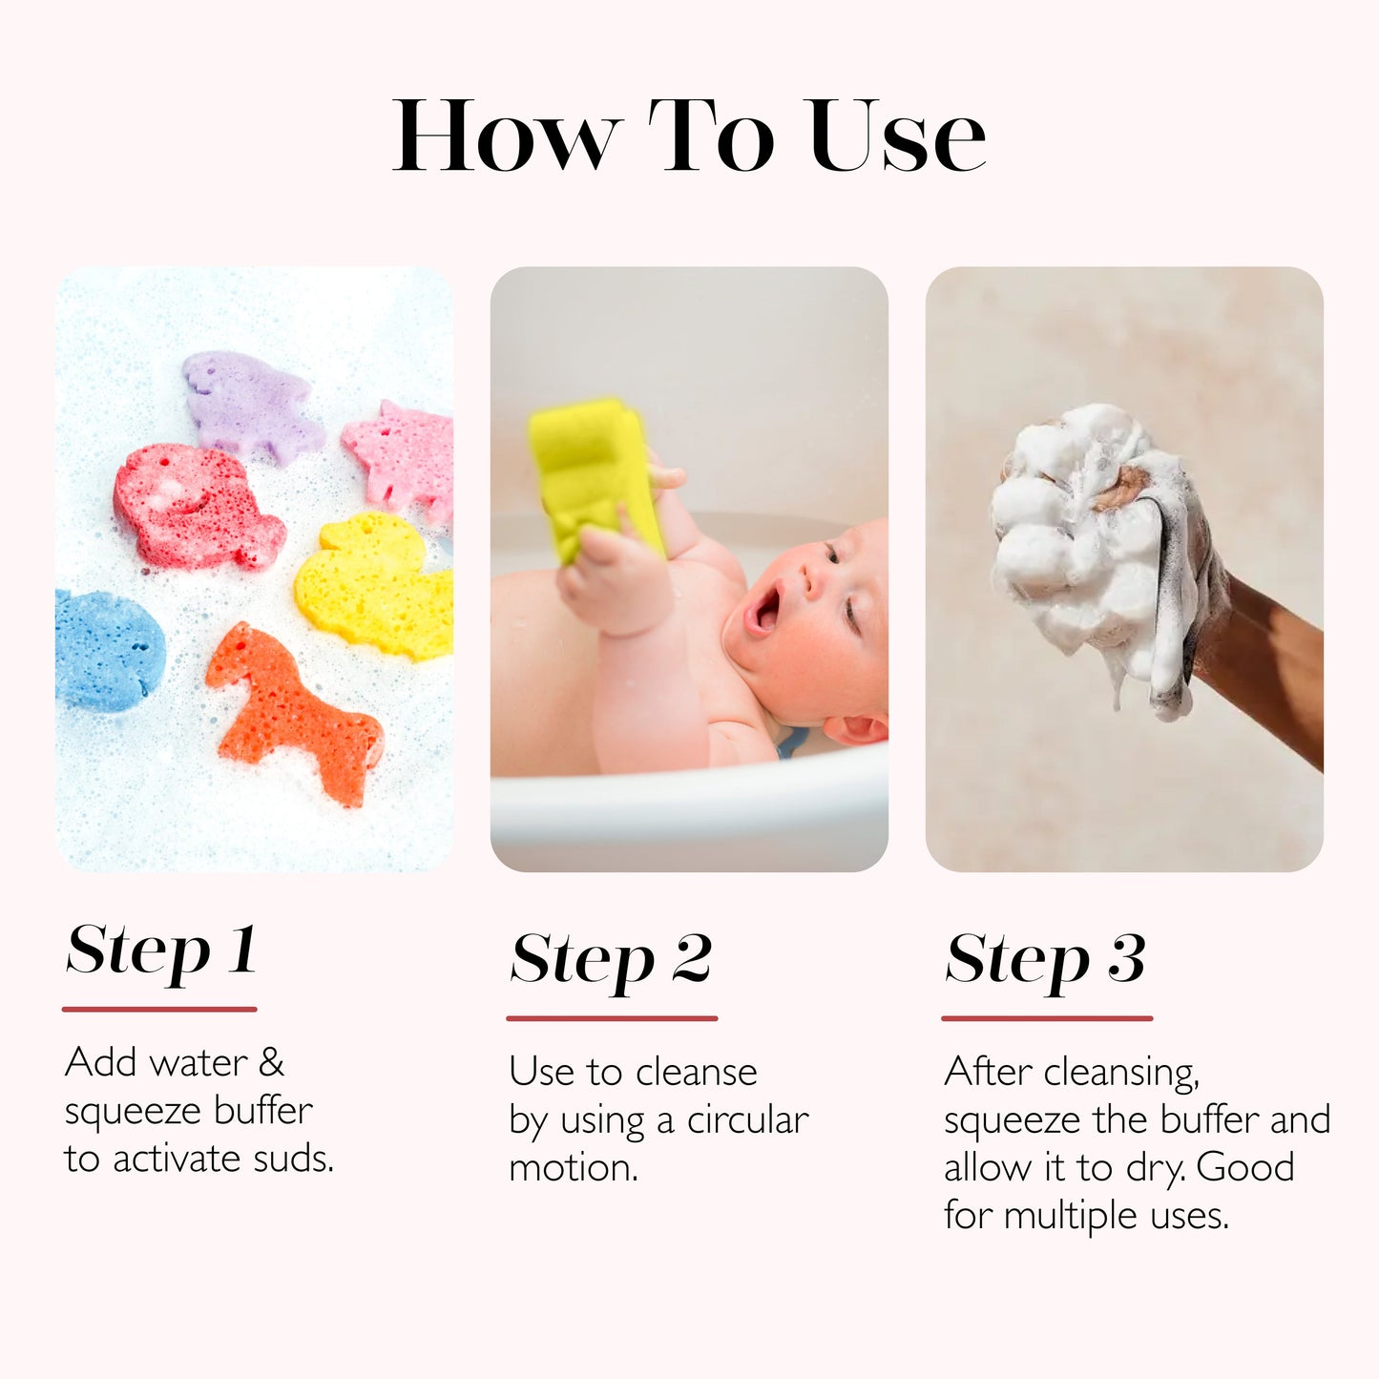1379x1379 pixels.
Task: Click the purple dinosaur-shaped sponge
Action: [250, 406]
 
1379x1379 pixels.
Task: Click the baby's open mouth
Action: [765, 612]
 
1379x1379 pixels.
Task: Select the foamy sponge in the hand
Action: [1088, 534]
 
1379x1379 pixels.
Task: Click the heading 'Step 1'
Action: [161, 951]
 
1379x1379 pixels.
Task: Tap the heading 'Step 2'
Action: [611, 959]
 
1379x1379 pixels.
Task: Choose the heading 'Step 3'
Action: [1045, 959]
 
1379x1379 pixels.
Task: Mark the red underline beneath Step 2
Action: [612, 1018]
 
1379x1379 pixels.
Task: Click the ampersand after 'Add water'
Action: [272, 1062]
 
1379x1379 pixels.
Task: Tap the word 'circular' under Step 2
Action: [747, 1120]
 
